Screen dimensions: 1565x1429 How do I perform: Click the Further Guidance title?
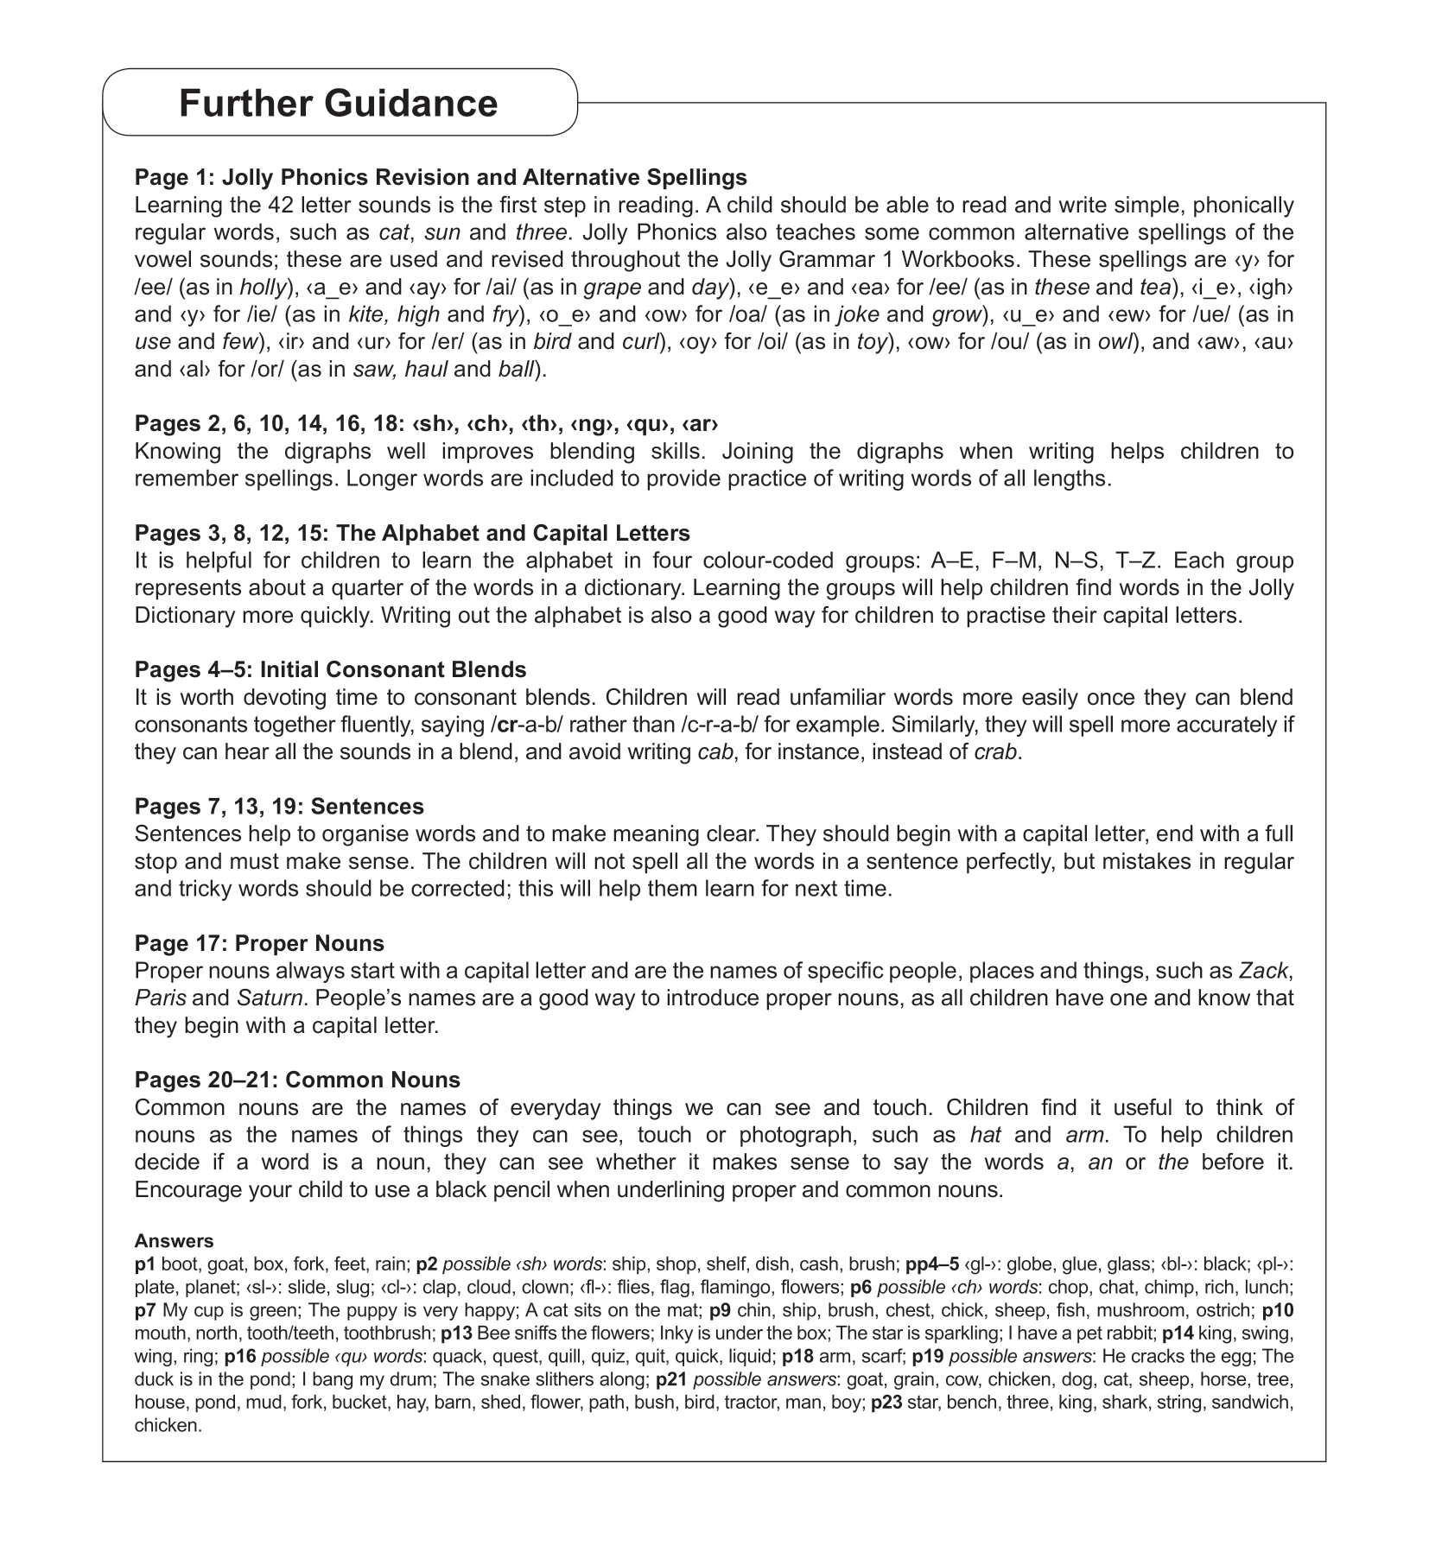click(338, 103)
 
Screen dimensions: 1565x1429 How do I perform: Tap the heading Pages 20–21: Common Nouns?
click(297, 1080)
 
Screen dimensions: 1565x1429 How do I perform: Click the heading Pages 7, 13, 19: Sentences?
click(279, 806)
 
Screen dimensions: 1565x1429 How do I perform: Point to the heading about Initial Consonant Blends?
click(330, 669)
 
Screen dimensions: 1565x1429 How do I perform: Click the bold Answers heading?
click(174, 1241)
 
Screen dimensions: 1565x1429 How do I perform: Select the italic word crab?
click(997, 751)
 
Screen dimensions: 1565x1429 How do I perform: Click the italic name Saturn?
click(270, 998)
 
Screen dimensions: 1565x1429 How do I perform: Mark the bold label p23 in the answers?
click(887, 1403)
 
